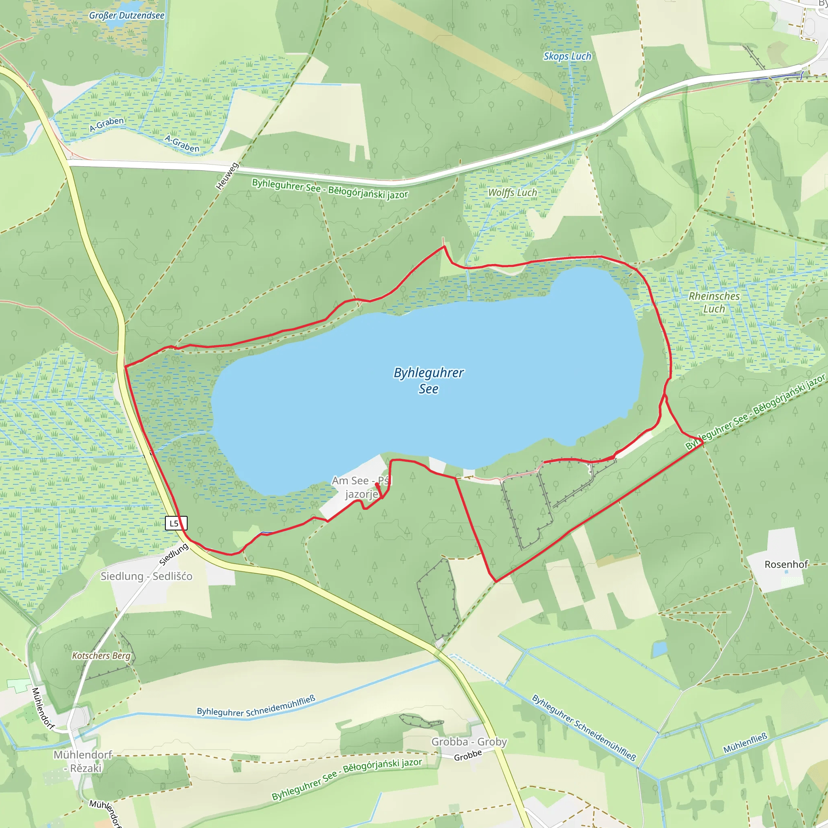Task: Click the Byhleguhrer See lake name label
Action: pos(428,380)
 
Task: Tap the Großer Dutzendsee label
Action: pos(127,16)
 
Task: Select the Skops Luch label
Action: pos(567,56)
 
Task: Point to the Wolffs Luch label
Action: pos(512,193)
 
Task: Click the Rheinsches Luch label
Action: pos(714,302)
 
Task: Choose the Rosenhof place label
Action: pos(786,564)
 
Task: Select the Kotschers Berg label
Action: pos(101,656)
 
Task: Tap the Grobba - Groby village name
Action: pos(469,742)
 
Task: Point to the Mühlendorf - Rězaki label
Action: pos(82,762)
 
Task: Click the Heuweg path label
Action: pos(227,176)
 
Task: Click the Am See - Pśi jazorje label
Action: pos(361,488)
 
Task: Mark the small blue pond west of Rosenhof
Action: pos(659,649)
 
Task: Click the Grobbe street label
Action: pos(468,756)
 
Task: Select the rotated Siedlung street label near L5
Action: pos(173,555)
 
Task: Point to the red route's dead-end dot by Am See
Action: pos(377,484)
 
